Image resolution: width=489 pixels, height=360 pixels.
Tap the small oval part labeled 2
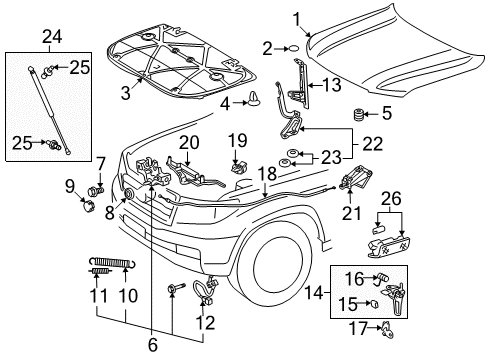click(291, 47)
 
